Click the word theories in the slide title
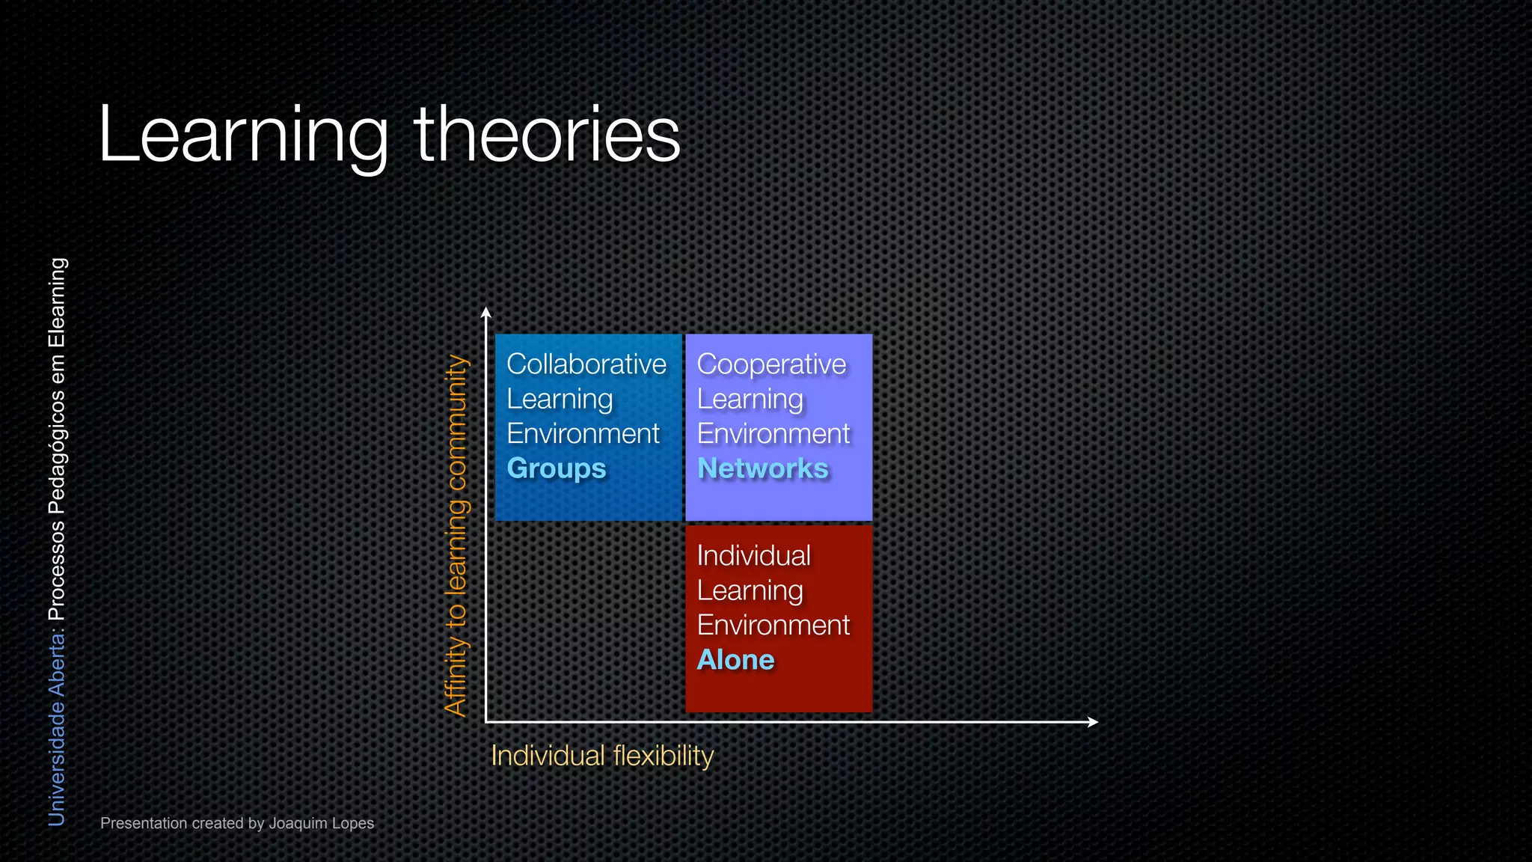click(x=547, y=135)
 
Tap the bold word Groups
click(x=557, y=468)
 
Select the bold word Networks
click(x=762, y=468)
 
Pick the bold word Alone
click(x=735, y=660)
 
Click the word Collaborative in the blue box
click(x=586, y=364)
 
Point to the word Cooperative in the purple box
click(x=771, y=364)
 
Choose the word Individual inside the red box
click(x=753, y=556)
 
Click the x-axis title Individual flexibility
click(x=602, y=756)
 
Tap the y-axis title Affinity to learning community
click(x=456, y=535)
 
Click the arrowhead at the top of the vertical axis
click(x=486, y=312)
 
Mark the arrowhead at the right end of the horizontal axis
click(x=1093, y=722)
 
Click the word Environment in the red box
click(x=773, y=626)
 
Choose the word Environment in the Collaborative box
click(x=583, y=434)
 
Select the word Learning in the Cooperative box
click(x=750, y=400)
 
